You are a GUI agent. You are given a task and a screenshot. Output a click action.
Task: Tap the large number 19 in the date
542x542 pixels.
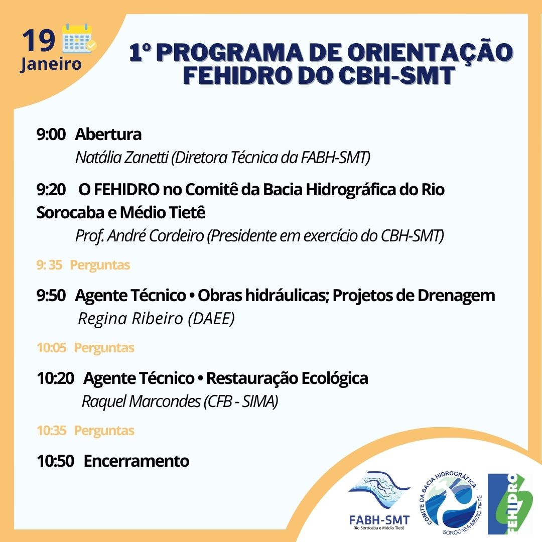(39, 41)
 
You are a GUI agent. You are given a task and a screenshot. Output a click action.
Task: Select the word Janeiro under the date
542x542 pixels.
(51, 64)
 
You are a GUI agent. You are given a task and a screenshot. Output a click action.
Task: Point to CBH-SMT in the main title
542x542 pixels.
(396, 75)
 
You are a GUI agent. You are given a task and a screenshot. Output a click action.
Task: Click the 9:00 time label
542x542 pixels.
(51, 134)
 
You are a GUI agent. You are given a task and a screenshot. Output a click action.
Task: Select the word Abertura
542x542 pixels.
(108, 134)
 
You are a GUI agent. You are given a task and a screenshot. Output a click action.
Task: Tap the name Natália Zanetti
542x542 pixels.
(121, 157)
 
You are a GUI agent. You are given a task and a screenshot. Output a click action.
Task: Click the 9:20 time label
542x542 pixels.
(51, 189)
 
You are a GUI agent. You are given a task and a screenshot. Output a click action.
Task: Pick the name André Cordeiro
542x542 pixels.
(155, 236)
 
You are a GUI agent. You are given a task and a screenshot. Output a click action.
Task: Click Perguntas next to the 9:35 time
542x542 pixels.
(100, 265)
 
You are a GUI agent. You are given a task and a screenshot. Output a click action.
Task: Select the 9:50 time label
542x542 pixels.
(51, 296)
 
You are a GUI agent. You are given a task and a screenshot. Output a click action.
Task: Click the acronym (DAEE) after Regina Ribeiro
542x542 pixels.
(211, 318)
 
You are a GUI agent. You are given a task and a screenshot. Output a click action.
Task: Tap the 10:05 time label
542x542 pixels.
(51, 348)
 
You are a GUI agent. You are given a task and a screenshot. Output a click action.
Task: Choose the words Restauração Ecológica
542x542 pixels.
(287, 378)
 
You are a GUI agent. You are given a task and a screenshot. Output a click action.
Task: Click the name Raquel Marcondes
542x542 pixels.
(141, 401)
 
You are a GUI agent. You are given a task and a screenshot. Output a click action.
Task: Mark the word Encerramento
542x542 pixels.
(137, 461)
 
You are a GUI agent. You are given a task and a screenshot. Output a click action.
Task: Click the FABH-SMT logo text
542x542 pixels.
(379, 520)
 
